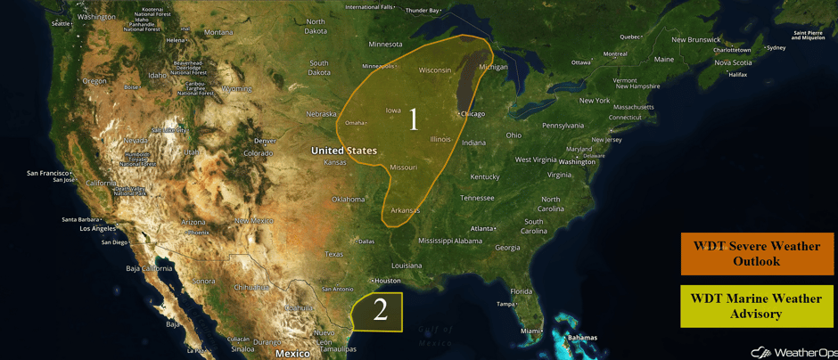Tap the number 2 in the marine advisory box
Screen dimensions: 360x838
(x=381, y=310)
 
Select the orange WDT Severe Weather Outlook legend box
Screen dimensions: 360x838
(x=756, y=254)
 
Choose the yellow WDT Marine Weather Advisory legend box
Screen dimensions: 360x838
(x=756, y=306)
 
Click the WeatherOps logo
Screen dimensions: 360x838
(x=790, y=352)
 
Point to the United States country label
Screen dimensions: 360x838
(x=344, y=151)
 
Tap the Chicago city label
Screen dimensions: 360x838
(x=472, y=114)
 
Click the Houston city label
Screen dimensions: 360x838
(x=388, y=281)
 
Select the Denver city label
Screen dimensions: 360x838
(x=265, y=141)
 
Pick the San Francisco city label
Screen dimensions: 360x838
(x=48, y=173)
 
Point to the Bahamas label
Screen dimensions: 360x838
(x=582, y=338)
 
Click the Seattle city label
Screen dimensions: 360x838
(x=61, y=24)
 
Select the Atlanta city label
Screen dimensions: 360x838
(x=483, y=229)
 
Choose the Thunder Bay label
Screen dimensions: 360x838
(x=423, y=11)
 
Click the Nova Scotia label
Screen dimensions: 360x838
(x=733, y=62)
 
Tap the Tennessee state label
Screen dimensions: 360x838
(x=477, y=198)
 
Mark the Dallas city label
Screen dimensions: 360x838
(x=366, y=241)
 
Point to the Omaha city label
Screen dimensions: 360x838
(x=355, y=123)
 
